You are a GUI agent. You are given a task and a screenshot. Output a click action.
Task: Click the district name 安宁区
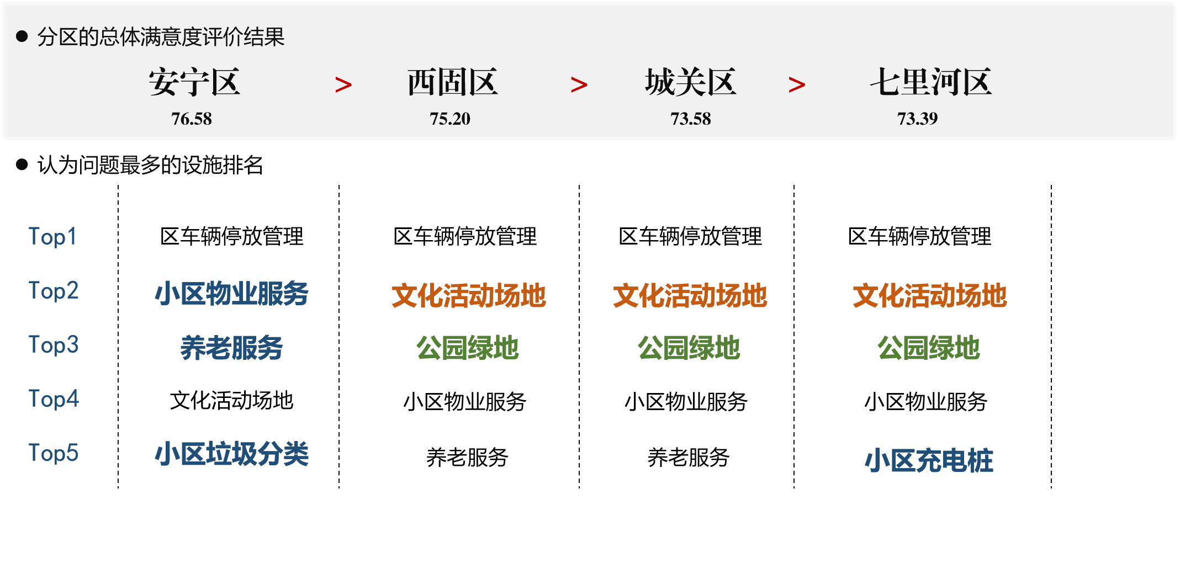click(x=194, y=82)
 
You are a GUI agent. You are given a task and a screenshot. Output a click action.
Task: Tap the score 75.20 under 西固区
click(x=450, y=119)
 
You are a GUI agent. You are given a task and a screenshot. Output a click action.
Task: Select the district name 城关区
click(x=691, y=82)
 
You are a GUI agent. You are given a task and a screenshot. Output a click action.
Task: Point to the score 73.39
click(x=917, y=119)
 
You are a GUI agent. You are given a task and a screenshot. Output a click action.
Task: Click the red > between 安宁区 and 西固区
click(x=343, y=85)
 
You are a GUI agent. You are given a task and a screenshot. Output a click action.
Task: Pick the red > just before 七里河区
click(x=797, y=85)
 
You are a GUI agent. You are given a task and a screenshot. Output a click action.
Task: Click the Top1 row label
click(x=52, y=237)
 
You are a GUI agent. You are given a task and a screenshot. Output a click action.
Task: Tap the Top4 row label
click(x=54, y=399)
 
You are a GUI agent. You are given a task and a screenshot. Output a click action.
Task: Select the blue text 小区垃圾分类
click(x=231, y=454)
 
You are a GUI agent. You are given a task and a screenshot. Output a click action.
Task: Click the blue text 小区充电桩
click(x=929, y=461)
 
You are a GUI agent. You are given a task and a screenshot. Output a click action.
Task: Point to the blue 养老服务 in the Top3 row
click(x=231, y=348)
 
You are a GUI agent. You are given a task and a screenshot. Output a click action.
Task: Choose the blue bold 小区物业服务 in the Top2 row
click(x=231, y=293)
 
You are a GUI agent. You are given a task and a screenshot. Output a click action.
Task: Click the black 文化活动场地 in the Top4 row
click(x=231, y=401)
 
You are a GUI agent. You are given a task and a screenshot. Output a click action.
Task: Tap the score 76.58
click(x=192, y=119)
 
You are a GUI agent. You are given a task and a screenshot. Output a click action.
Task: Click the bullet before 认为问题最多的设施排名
click(x=22, y=164)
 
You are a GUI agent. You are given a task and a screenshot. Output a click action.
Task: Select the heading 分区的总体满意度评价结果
click(x=161, y=37)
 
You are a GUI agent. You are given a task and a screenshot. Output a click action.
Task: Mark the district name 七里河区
click(x=931, y=82)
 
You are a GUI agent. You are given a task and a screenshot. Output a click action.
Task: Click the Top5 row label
click(x=54, y=453)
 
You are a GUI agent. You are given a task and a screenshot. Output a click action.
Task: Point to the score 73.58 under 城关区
click(x=691, y=119)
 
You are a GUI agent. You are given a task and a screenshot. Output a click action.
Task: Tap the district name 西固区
click(x=453, y=82)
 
